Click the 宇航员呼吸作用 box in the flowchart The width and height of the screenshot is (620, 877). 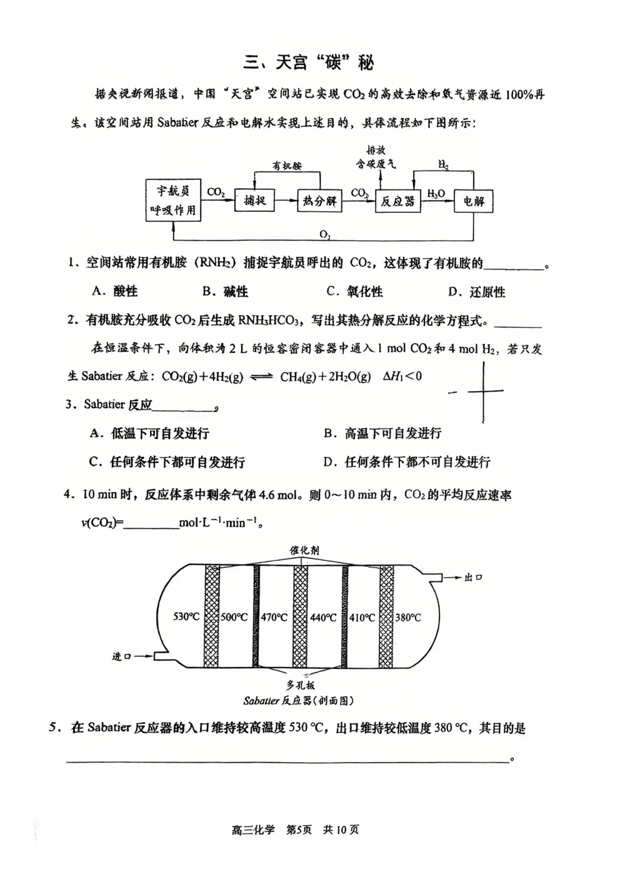click(172, 201)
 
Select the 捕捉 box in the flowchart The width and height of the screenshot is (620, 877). click(254, 200)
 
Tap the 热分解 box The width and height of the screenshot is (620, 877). click(319, 201)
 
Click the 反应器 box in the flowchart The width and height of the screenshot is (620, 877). click(397, 201)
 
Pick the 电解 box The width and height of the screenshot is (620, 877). click(473, 201)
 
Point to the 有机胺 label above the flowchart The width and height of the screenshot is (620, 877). click(287, 166)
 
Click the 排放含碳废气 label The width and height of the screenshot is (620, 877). click(376, 157)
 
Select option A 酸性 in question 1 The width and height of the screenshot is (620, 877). click(115, 291)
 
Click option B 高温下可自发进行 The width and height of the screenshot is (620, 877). click(382, 433)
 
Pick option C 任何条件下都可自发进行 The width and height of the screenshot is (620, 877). click(167, 463)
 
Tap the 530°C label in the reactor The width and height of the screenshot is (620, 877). click(186, 617)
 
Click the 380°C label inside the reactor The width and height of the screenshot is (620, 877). click(407, 618)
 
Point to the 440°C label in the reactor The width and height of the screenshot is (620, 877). click(323, 618)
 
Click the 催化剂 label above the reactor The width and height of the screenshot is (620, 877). click(304, 550)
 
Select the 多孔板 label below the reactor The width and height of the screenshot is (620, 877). click(301, 685)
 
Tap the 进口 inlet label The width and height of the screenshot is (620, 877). click(121, 656)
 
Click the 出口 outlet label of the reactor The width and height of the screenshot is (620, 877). click(473, 578)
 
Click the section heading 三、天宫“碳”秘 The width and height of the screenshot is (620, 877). click(309, 63)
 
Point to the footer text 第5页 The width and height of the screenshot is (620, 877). click(298, 830)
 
